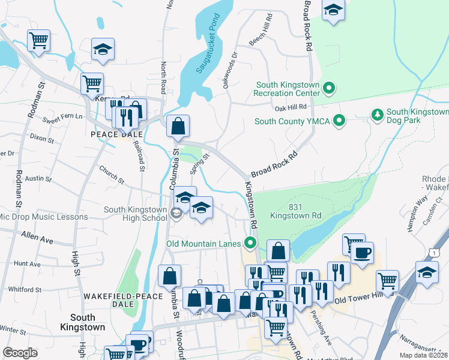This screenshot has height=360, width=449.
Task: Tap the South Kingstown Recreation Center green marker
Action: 328,89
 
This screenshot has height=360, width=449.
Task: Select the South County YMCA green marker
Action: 339,121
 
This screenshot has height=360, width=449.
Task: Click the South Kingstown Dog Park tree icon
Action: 378,114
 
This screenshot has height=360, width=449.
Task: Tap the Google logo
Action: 20,352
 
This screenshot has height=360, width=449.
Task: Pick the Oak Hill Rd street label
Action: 291,107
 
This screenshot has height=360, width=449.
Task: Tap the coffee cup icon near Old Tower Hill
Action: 363,253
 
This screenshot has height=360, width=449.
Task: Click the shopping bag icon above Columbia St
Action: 178,127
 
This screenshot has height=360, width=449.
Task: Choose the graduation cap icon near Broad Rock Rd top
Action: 333,10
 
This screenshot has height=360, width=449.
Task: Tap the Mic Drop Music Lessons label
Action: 43,217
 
